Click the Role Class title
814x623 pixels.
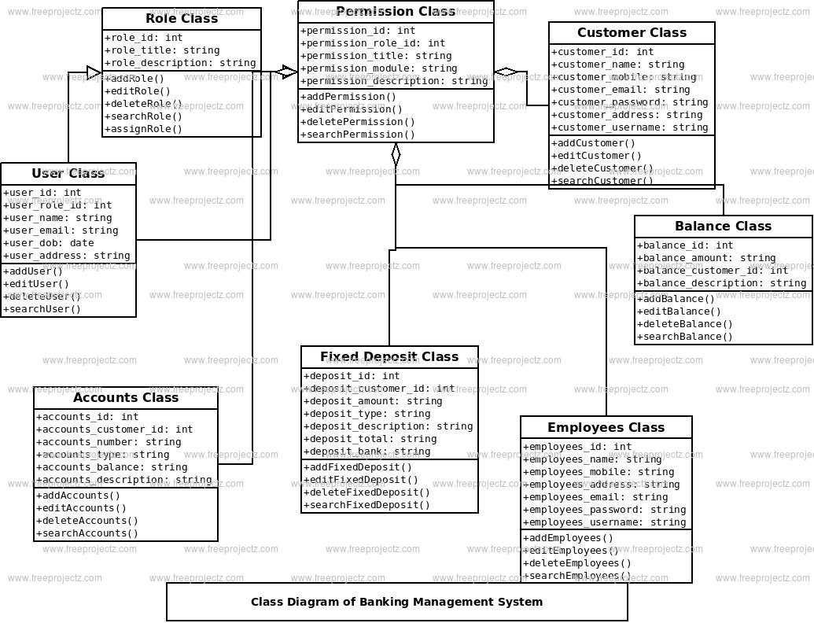(182, 19)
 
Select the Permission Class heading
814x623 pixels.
(396, 12)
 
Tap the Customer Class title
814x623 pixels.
(632, 33)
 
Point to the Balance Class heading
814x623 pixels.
(723, 227)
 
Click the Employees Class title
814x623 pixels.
(606, 428)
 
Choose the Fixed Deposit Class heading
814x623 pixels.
(389, 356)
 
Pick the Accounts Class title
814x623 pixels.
(126, 398)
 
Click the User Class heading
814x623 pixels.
(68, 173)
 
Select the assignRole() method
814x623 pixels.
(143, 129)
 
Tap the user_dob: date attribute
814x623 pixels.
(49, 243)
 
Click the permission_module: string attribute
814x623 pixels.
(379, 68)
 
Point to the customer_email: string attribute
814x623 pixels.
(621, 90)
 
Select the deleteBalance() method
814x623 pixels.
(685, 324)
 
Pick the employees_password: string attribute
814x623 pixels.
(605, 510)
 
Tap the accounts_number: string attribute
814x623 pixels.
(109, 442)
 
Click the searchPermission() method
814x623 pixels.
(358, 135)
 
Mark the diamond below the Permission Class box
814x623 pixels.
(396, 155)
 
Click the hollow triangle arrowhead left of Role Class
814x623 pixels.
(94, 72)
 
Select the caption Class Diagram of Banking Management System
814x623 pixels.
(396, 603)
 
